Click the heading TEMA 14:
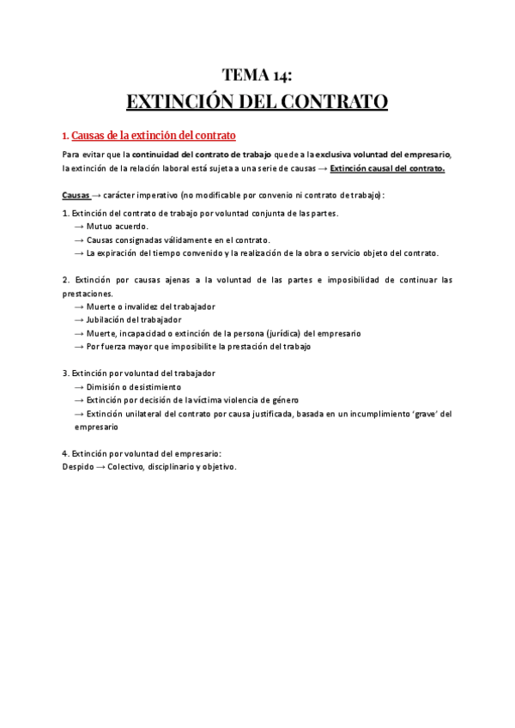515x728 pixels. (x=257, y=75)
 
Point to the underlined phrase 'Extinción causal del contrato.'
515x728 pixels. (x=387, y=168)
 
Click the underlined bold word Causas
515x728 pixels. (x=77, y=195)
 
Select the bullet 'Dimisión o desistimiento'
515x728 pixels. (x=134, y=387)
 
